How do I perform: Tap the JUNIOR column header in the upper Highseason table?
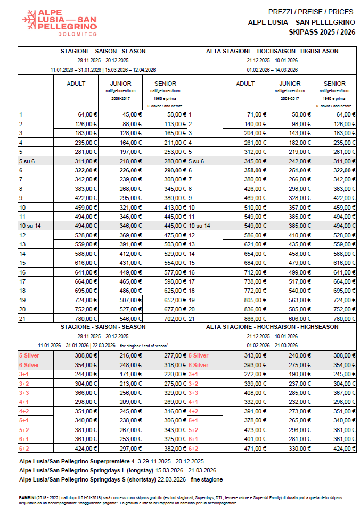[290, 84]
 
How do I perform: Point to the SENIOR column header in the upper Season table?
[165, 84]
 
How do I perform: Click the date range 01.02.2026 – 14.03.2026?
[272, 69]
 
